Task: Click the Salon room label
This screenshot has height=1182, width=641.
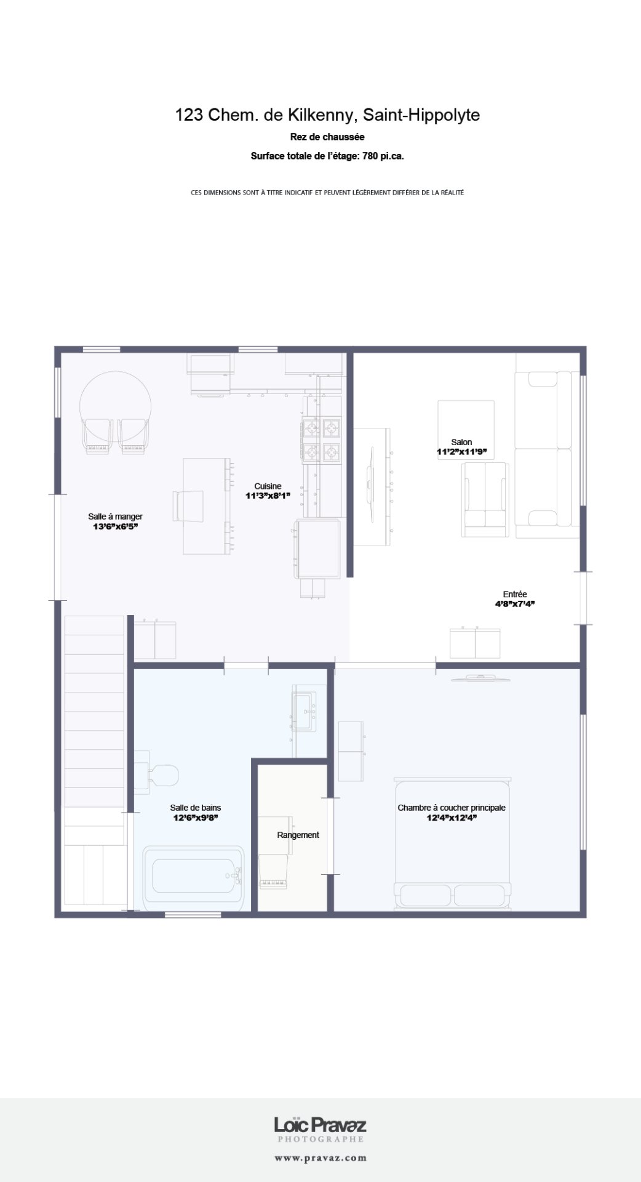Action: [x=461, y=442]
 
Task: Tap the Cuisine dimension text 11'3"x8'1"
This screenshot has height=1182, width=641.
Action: [x=268, y=496]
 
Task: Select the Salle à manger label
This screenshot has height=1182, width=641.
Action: [x=115, y=517]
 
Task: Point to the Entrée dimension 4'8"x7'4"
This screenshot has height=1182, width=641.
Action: [x=515, y=604]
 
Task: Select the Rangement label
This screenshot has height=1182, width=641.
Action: [x=298, y=835]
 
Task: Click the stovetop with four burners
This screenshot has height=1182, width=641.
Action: [x=322, y=439]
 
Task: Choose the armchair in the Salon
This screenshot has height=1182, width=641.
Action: [x=485, y=499]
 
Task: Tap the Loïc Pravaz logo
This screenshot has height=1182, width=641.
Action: [x=320, y=1130]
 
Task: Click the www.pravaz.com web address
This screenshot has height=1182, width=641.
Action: [x=320, y=1158]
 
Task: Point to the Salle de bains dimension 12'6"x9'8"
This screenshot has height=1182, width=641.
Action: [x=196, y=818]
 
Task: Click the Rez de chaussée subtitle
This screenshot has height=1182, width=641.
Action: [x=327, y=137]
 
